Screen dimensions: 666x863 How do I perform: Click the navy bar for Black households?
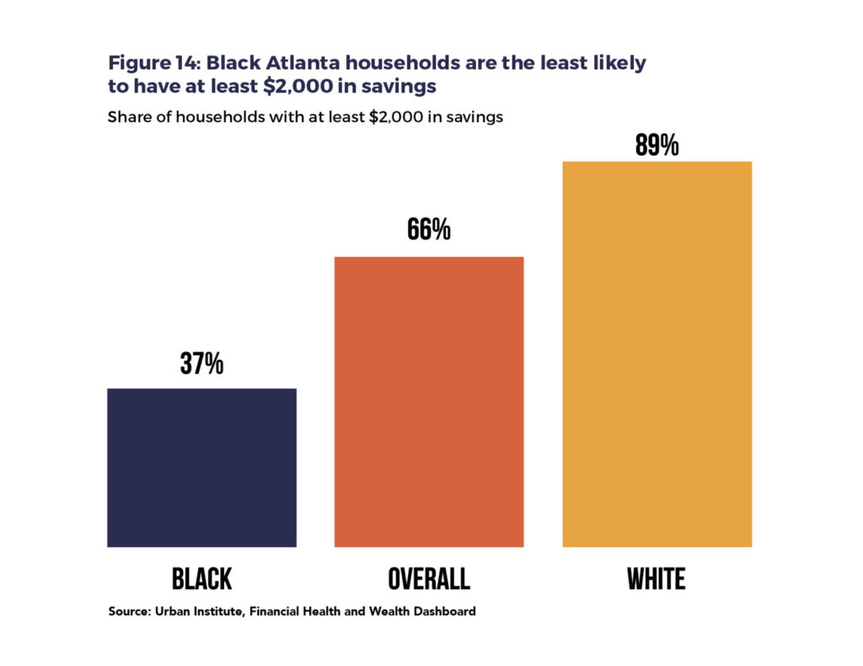click(x=201, y=468)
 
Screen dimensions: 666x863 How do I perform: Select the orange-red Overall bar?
click(x=429, y=402)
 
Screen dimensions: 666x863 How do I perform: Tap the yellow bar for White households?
click(x=657, y=354)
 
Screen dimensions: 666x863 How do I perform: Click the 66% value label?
click(x=429, y=230)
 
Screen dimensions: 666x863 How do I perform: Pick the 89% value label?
click(x=657, y=146)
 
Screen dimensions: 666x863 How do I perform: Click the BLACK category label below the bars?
click(x=201, y=579)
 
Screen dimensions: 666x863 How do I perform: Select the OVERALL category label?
click(x=429, y=579)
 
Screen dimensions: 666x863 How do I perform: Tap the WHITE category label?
click(x=657, y=579)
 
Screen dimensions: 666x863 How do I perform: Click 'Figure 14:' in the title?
click(x=153, y=63)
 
